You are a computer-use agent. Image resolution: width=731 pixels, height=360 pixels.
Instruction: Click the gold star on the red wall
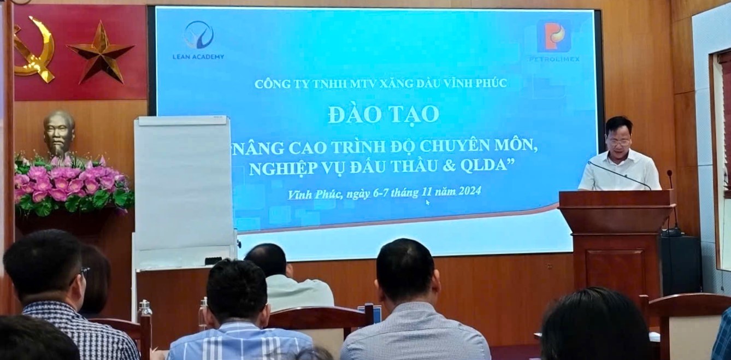pyautogui.click(x=101, y=53)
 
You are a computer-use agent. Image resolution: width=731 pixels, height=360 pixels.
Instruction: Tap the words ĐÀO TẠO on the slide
pyautogui.click(x=384, y=114)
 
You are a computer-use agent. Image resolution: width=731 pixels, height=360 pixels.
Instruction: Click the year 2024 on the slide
pyautogui.click(x=470, y=191)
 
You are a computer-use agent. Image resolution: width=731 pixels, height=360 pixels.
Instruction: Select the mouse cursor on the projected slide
pyautogui.click(x=427, y=203)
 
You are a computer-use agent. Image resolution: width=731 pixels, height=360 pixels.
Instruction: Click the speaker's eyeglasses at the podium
pyautogui.click(x=618, y=142)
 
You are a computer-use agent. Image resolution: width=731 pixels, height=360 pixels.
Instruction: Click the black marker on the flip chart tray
pyautogui.click(x=214, y=261)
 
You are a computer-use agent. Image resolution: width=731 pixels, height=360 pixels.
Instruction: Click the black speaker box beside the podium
pyautogui.click(x=681, y=264)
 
